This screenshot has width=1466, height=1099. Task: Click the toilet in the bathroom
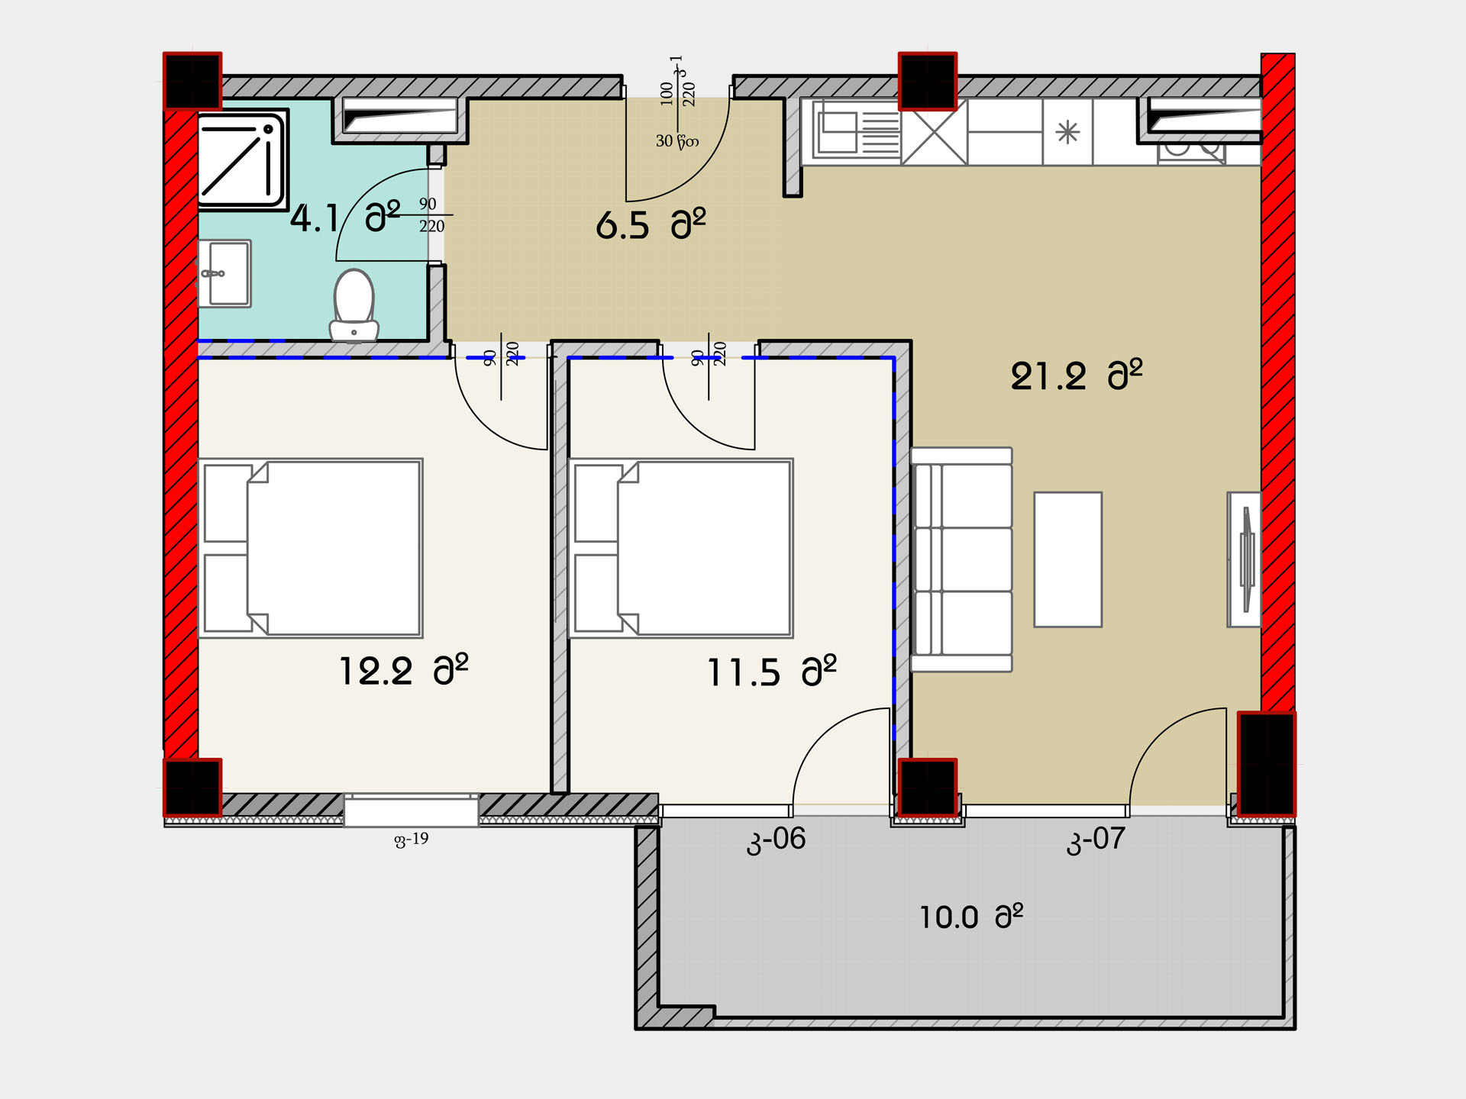tap(354, 305)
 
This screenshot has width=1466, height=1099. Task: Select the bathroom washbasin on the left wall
tap(224, 273)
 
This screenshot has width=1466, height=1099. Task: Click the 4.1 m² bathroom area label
tap(345, 218)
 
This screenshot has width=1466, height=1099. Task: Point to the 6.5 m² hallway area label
tap(651, 224)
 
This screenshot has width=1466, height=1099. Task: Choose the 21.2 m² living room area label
tap(1077, 375)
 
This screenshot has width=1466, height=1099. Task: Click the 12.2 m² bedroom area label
tap(403, 670)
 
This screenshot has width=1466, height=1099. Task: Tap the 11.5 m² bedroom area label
tap(772, 672)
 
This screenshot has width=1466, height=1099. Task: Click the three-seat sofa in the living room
tap(962, 559)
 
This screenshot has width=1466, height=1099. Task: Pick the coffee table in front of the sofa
tap(1067, 559)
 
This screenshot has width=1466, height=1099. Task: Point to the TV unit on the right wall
tap(1244, 559)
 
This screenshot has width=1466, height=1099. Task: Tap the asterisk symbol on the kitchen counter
tap(1067, 133)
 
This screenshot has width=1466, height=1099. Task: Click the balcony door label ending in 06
tap(776, 840)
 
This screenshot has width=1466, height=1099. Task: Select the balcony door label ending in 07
tap(1096, 840)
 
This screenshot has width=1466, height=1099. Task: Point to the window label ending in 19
tap(411, 840)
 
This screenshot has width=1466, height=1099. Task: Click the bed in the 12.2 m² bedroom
tap(311, 548)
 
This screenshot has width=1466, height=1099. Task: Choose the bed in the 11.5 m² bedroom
tap(681, 548)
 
